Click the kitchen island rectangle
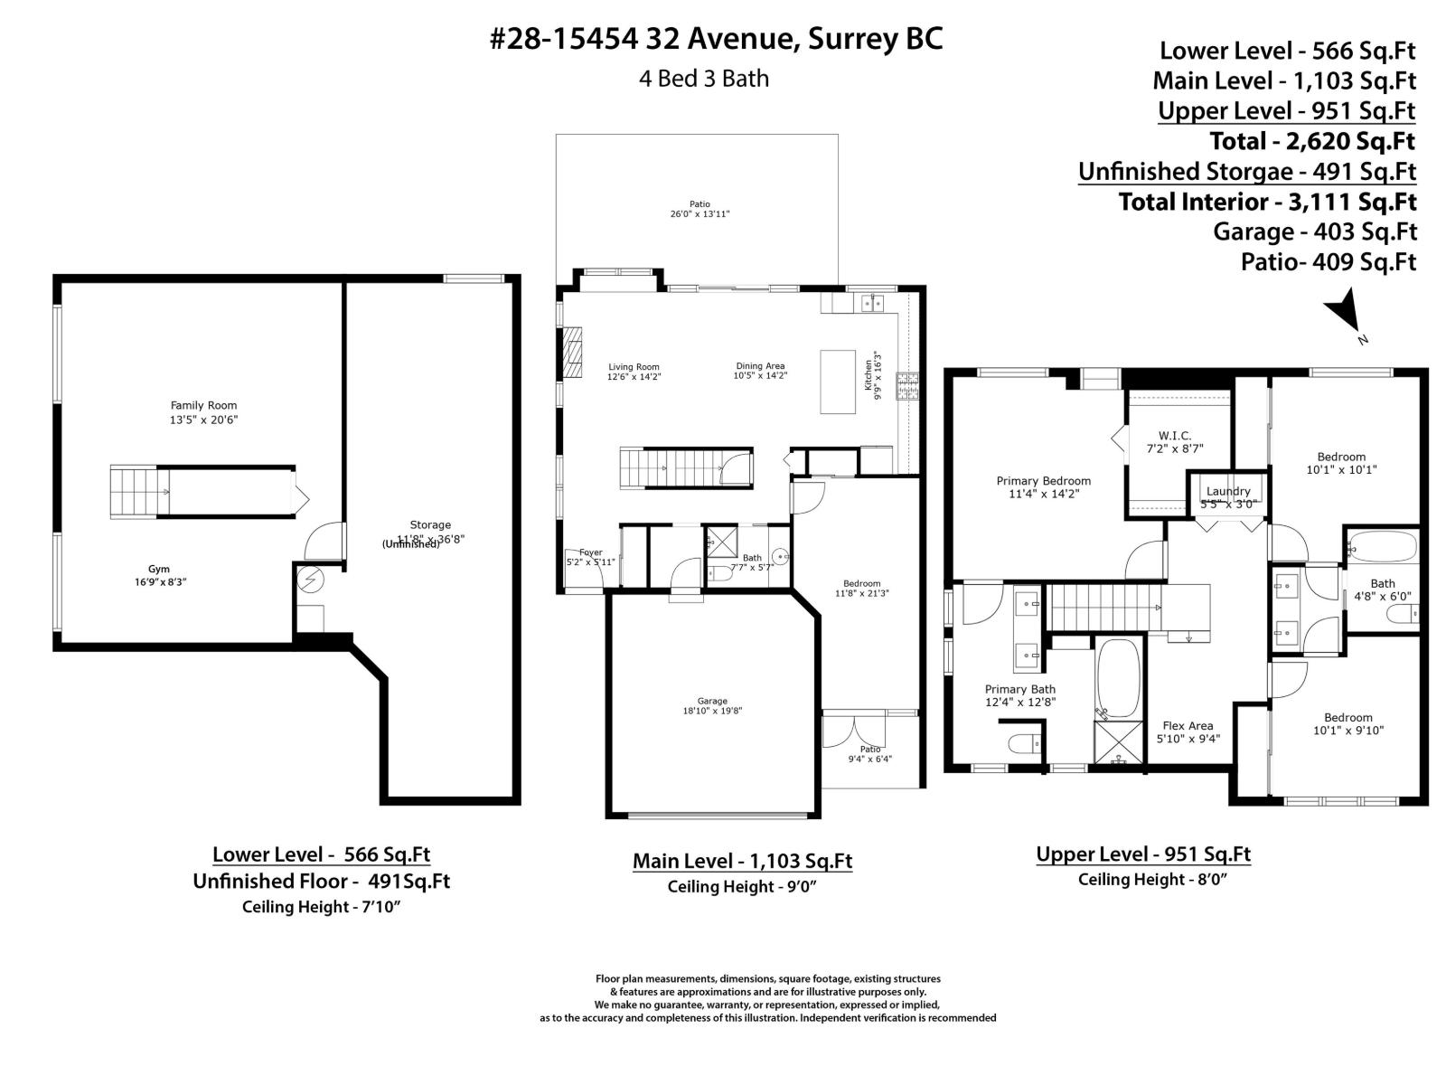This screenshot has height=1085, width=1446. pos(838,382)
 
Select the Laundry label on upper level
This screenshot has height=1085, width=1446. pos(1227,491)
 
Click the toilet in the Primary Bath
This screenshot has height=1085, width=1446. pos(1022,744)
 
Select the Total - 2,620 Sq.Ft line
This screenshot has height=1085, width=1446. pos(1312,141)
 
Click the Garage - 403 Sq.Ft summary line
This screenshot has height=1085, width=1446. pos(1314,231)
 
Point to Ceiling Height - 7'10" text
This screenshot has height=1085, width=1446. pos(321,907)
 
